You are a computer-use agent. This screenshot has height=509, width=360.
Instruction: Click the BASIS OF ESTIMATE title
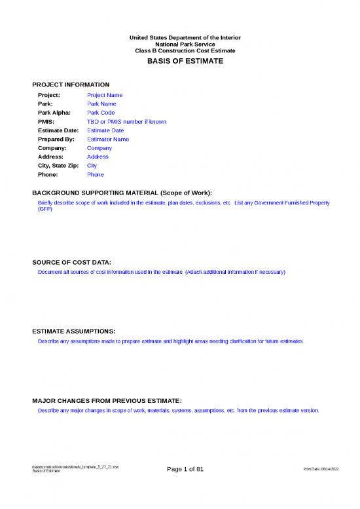tap(180, 61)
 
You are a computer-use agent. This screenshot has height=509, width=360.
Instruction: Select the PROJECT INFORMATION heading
tap(71, 85)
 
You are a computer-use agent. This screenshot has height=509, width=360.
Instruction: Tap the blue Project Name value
tap(105, 95)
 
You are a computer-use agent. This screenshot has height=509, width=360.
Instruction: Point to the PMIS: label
tap(46, 122)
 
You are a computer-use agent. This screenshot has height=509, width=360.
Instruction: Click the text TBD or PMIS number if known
tap(126, 122)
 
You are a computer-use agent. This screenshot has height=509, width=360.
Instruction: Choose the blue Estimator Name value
tap(108, 140)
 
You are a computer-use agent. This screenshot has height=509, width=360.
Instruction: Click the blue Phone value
tap(96, 175)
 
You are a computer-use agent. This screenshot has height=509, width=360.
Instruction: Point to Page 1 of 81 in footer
tap(185, 469)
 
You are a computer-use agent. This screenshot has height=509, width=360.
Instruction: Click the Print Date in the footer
tap(322, 470)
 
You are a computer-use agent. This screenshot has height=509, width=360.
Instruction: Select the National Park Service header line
tap(180, 44)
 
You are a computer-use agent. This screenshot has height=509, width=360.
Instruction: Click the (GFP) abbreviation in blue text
tap(45, 210)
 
